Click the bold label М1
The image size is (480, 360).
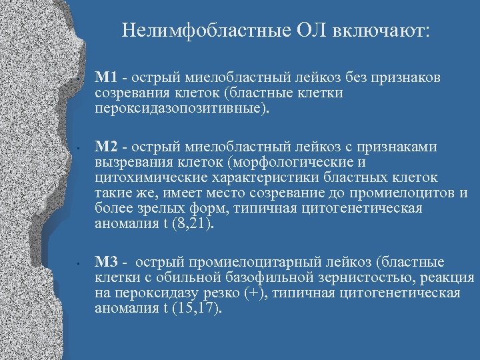tap(105, 78)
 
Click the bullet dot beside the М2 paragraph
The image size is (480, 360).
tap(79, 147)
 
